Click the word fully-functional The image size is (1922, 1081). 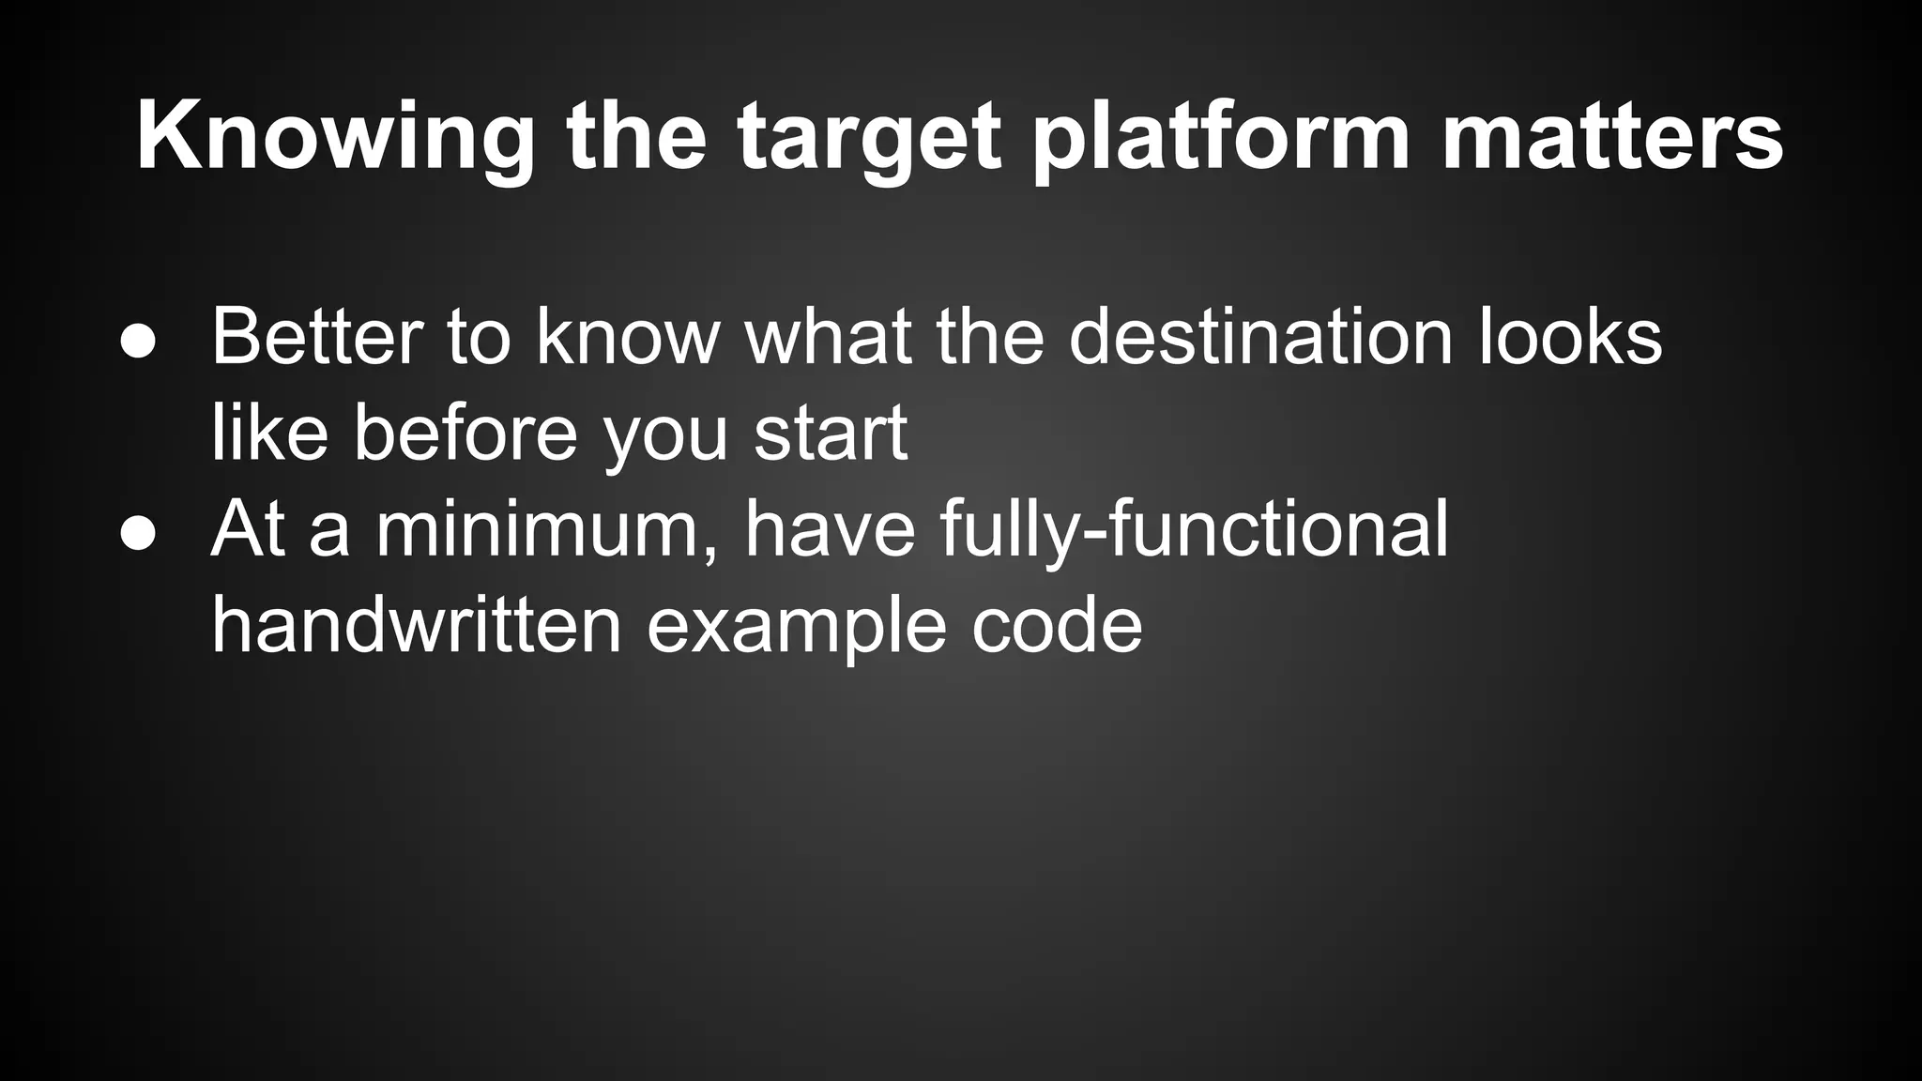1194,530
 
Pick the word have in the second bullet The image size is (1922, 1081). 829,530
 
